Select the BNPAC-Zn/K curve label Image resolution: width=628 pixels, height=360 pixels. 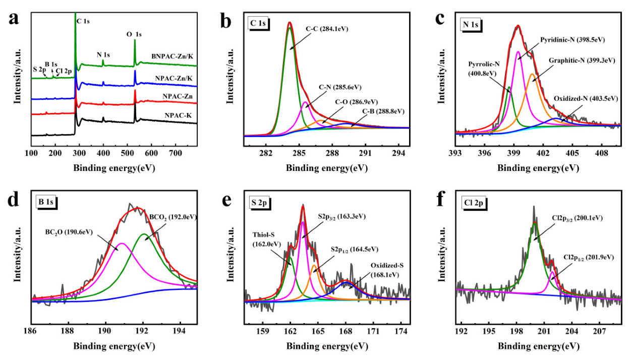[172, 56]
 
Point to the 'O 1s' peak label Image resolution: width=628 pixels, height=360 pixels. [134, 34]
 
